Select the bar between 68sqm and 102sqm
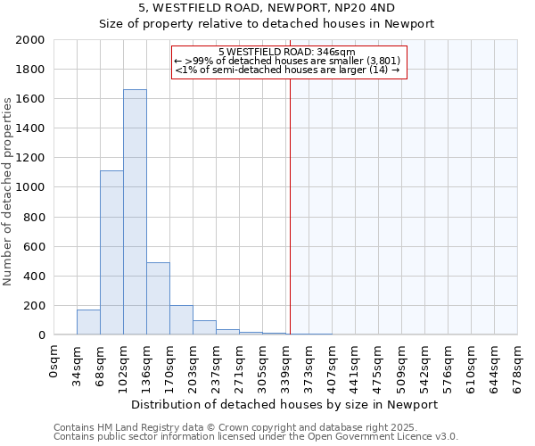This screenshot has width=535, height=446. (x=111, y=252)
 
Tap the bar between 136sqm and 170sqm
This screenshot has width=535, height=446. (x=158, y=299)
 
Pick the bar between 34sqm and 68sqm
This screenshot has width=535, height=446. (x=88, y=322)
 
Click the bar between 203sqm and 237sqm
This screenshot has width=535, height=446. (x=204, y=327)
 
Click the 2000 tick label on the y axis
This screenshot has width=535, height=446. (x=29, y=40)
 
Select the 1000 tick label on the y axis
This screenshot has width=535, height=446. (x=29, y=187)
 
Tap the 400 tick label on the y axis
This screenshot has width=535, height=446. (x=34, y=276)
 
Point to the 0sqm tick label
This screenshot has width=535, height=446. (x=54, y=361)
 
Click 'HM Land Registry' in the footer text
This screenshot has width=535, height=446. (x=126, y=427)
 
